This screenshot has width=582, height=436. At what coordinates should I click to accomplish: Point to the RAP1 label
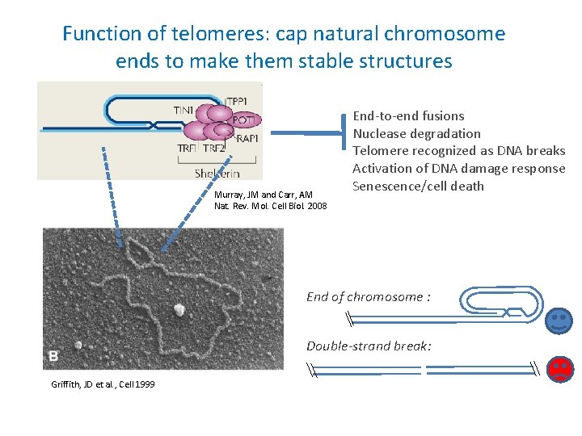click(x=247, y=137)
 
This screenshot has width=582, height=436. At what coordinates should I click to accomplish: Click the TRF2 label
click(x=214, y=149)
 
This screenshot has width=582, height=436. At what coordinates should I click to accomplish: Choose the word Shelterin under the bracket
click(x=217, y=174)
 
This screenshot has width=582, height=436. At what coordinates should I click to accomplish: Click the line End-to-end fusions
click(x=408, y=116)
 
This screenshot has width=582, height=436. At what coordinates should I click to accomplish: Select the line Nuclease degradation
click(x=416, y=134)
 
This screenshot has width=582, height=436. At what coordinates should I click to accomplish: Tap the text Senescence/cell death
click(x=418, y=187)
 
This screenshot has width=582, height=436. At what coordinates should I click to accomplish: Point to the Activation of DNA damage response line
click(x=458, y=169)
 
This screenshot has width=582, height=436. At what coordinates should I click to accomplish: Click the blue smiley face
click(x=559, y=321)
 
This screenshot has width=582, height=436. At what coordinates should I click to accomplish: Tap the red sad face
click(x=559, y=369)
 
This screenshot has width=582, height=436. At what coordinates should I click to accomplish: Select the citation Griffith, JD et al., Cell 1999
click(x=103, y=384)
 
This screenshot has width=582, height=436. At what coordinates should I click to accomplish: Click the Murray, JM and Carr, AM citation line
click(x=264, y=195)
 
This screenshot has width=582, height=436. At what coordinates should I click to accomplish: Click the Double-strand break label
click(x=369, y=346)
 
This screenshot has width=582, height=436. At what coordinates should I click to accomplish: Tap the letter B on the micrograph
click(x=53, y=355)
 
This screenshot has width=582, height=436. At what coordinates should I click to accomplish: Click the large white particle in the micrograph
click(x=178, y=309)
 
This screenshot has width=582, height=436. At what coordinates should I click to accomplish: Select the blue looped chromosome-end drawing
click(x=500, y=302)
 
